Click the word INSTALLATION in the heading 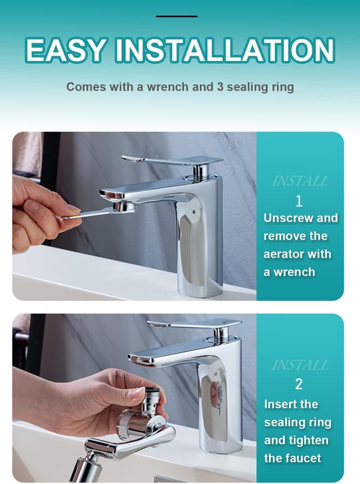pos(225,50)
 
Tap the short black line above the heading pos(177,16)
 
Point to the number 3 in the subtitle pos(220,87)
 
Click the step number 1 pos(299,201)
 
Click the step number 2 pos(299,384)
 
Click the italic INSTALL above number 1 pos(300,181)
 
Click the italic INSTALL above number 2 pos(300,365)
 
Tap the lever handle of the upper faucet pos(173,160)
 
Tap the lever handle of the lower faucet pos(195,324)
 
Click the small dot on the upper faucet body pos(193,212)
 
